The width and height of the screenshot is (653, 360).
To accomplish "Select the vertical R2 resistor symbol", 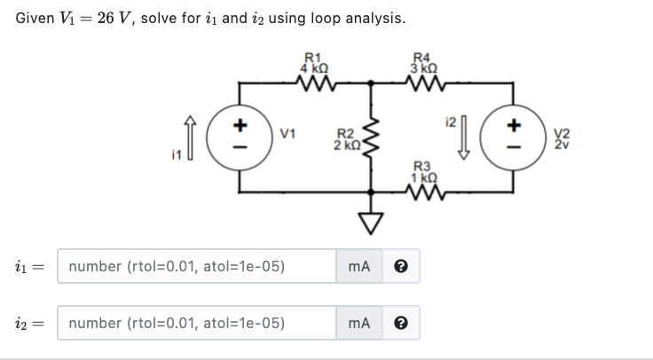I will point(371,138).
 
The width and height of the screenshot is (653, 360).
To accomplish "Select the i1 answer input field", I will point(196,265).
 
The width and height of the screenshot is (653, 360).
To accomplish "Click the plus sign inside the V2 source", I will point(512,125).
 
